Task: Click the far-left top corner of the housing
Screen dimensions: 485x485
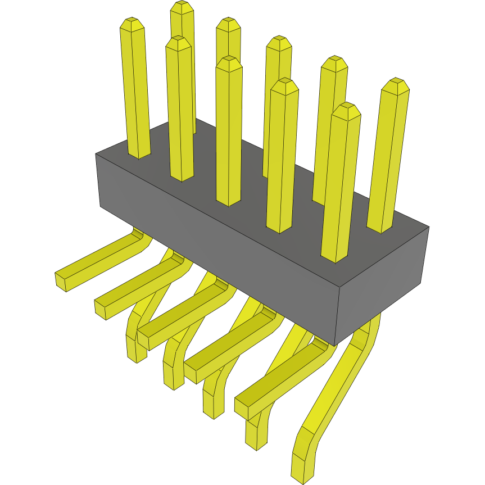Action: point(96,155)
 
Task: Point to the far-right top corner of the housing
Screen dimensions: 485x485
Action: point(429,227)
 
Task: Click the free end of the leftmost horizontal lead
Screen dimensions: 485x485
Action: point(61,282)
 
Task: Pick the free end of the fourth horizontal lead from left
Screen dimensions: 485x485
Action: point(191,374)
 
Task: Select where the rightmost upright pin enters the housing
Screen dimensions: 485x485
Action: point(380,228)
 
